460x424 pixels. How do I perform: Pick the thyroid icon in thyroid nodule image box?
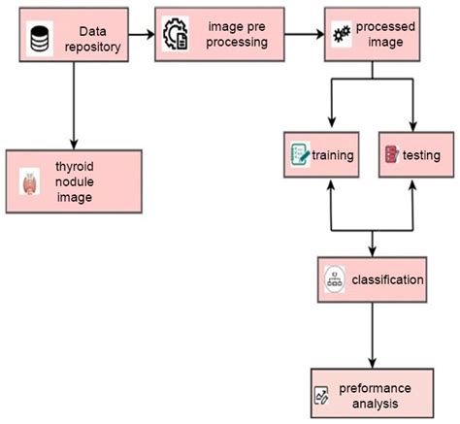[x=31, y=180]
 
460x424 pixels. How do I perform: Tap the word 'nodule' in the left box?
[x=74, y=180]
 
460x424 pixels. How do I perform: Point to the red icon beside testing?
[x=391, y=154]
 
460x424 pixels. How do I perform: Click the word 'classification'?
[x=387, y=279]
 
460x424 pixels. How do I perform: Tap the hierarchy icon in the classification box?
[x=334, y=279]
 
